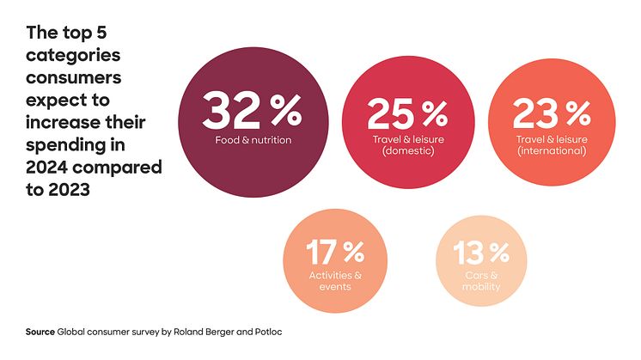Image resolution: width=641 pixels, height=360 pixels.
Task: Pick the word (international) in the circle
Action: click(552, 151)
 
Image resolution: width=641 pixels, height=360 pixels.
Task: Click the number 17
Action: click(322, 253)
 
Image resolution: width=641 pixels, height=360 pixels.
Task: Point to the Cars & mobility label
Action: click(481, 280)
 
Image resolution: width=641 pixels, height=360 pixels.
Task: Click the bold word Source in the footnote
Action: click(40, 332)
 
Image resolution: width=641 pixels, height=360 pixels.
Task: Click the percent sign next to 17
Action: click(353, 253)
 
